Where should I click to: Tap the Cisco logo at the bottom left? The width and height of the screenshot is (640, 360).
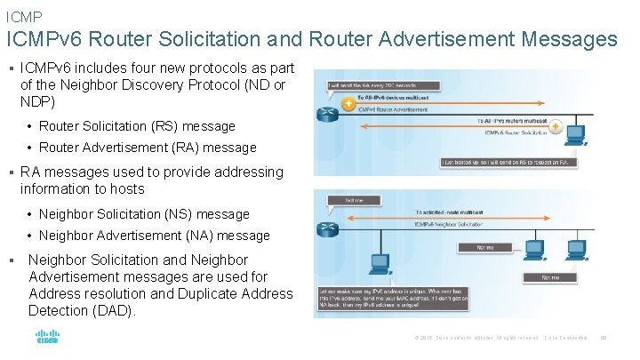click(47, 338)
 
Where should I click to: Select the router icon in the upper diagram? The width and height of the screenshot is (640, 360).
click(326, 113)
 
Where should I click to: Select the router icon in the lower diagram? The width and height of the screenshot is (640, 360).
click(326, 228)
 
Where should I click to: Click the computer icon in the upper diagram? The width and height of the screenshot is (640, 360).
click(575, 135)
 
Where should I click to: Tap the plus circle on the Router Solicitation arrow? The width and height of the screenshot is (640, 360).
click(556, 127)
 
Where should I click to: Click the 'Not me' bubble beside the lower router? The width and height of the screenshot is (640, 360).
click(341, 201)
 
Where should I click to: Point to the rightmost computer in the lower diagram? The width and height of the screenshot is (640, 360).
click(585, 248)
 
